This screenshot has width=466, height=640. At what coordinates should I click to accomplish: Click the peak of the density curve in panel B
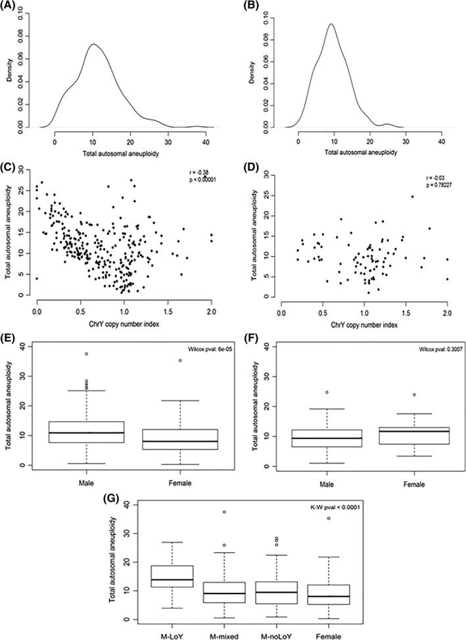click(x=331, y=24)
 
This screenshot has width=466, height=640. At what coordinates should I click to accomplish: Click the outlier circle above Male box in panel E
click(x=86, y=354)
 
